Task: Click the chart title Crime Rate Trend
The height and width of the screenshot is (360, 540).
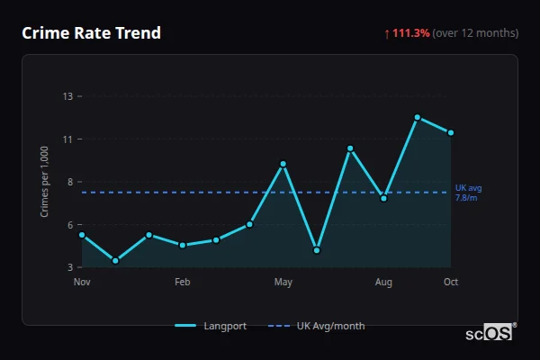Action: point(92,33)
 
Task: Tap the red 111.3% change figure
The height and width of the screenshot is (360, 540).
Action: point(410,33)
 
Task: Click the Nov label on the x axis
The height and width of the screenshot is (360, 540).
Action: point(82,283)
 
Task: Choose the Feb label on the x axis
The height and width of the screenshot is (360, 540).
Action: point(183,283)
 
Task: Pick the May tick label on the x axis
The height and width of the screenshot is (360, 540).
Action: point(283,283)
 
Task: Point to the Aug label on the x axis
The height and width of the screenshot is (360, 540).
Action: point(384,283)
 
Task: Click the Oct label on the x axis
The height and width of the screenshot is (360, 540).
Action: point(451,283)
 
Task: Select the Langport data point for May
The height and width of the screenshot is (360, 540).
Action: point(283,164)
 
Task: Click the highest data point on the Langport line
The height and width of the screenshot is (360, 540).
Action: point(418,117)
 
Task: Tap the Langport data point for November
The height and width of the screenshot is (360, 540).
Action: point(82,235)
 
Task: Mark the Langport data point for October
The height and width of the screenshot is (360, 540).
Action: point(451,132)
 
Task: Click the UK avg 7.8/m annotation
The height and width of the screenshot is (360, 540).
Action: point(468,193)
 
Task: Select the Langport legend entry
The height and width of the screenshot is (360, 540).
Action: point(211,326)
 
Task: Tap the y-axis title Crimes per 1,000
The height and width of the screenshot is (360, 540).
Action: point(45,182)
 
